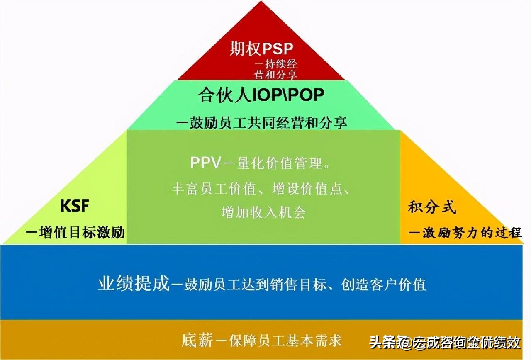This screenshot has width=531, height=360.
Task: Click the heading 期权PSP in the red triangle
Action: [261, 49]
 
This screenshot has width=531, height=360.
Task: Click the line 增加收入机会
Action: [264, 213]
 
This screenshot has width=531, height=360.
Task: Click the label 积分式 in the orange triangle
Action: [432, 207]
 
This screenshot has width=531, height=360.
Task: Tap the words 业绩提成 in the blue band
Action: [134, 285]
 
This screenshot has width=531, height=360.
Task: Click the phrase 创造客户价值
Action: [384, 285]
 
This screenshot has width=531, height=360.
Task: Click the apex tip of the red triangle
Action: [261, 2]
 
